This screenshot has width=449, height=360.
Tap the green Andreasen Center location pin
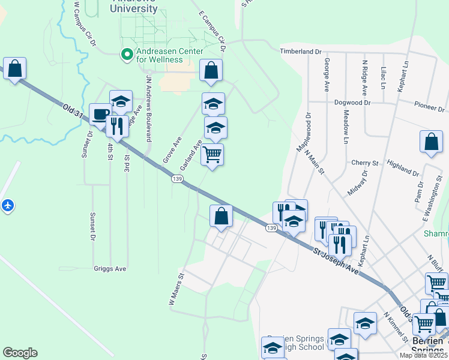pos(127,55)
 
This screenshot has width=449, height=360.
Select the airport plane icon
pos(7,205)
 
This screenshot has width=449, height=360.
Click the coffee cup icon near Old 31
pos(100,114)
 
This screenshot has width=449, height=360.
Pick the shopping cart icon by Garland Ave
pos(212,154)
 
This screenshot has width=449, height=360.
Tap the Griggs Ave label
pos(110,269)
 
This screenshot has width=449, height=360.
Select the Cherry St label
pos(365,163)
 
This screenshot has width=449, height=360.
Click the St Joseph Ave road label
pos(336,262)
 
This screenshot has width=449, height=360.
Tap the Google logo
pos(20,353)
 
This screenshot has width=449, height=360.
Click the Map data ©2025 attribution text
pos(424,355)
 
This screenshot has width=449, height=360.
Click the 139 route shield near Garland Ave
pos(176,179)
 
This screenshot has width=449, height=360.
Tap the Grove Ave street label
pos(172,150)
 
